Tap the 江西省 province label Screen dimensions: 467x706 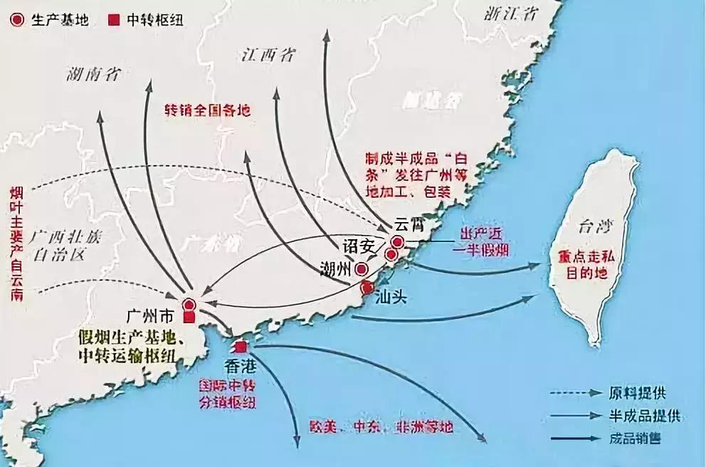[268, 54]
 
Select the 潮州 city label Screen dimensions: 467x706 [334, 269]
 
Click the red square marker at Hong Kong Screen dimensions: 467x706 [241, 347]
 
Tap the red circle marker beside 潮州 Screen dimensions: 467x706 [362, 270]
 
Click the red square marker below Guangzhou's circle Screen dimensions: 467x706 [189, 317]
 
